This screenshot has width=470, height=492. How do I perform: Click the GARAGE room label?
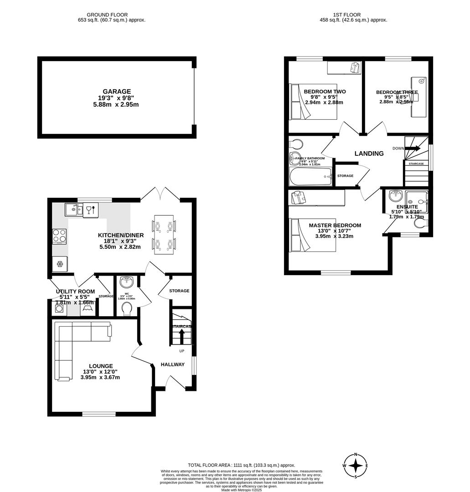coord(116,92)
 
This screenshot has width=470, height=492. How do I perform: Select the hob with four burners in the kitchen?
coord(60,236)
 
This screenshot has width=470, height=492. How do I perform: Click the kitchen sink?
coord(72,210)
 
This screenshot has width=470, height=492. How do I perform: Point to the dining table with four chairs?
coord(164,235)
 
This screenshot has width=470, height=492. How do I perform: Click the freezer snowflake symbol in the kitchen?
coord(60,264)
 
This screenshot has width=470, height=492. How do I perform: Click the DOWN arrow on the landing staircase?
coord(413,148)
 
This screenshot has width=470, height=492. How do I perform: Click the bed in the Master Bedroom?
coord(313,235)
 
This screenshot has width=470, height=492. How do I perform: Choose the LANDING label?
coord(369,154)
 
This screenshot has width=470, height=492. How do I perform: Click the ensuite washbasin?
coord(395,196)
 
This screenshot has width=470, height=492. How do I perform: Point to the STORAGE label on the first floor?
coord(345,176)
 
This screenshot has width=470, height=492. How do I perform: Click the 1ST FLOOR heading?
coord(353,15)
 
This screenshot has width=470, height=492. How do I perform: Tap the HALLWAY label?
coord(173,364)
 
